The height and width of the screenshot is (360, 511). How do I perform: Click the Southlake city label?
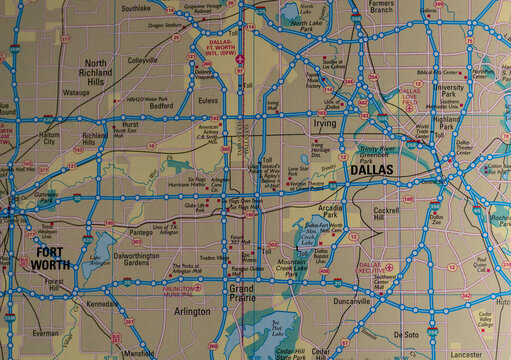pyautogui.click(x=136, y=7)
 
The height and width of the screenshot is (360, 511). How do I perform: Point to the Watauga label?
pyautogui.click(x=76, y=93)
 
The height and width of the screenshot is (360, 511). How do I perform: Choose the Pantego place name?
pyautogui.click(x=142, y=231)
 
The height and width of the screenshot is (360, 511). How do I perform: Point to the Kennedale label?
pyautogui.click(x=103, y=303)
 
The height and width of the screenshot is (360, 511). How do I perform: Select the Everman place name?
pyautogui.click(x=45, y=331)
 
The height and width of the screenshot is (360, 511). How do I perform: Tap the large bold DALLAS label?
pyautogui.click(x=372, y=171)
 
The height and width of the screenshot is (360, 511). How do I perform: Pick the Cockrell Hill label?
pyautogui.click(x=386, y=215)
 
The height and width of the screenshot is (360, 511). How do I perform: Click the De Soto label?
pyautogui.click(x=406, y=334)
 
